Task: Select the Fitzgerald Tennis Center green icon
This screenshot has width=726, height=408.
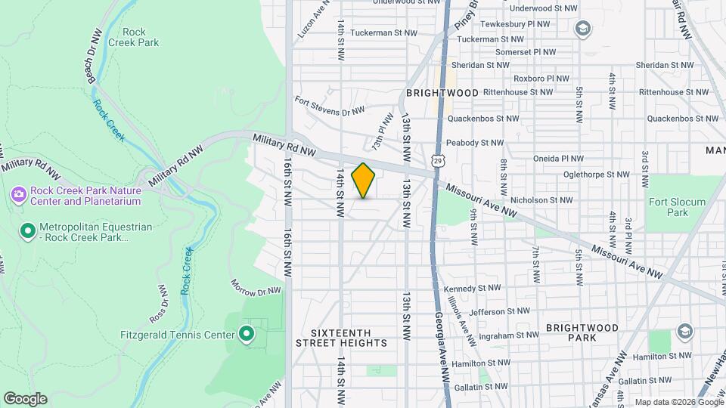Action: (246, 333)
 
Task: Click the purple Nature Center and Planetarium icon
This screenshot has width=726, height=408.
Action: (17, 196)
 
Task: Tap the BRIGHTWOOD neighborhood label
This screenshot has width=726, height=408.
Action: (442, 93)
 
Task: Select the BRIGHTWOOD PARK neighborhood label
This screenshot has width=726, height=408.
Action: (583, 332)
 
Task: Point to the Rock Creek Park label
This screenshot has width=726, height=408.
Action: (140, 37)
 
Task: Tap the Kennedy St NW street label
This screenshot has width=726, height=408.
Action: (473, 288)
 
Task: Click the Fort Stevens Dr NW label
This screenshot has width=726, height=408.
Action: (330, 106)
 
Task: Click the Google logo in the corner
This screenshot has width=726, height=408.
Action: (25, 399)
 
